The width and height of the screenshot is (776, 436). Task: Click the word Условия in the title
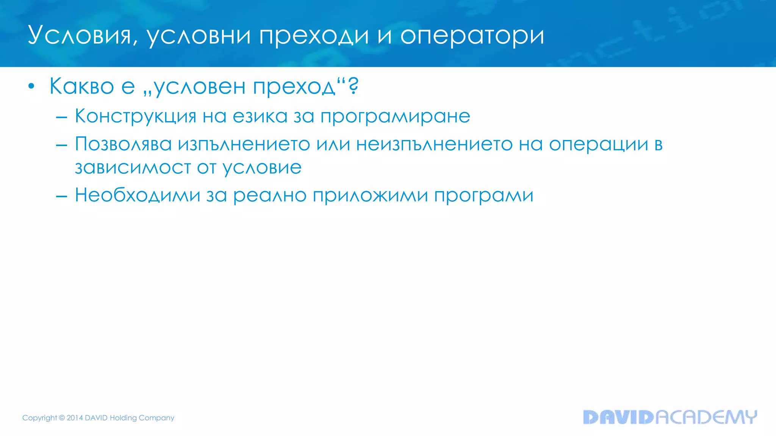(80, 35)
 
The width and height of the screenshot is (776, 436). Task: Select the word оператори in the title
(472, 35)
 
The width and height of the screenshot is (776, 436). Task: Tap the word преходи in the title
(314, 35)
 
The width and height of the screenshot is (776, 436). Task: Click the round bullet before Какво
(31, 86)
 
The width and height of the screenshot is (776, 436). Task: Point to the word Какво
(81, 86)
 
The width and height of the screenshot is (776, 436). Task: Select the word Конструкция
(135, 116)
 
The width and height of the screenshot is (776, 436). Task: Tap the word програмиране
(395, 116)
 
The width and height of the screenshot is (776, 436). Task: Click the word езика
(260, 116)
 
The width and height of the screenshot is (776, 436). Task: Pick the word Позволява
(123, 144)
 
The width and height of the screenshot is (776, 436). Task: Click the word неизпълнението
(434, 144)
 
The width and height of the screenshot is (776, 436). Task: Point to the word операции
(599, 144)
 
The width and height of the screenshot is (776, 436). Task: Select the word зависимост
(133, 167)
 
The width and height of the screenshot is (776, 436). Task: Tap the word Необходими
(138, 195)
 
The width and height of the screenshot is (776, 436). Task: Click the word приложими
(370, 195)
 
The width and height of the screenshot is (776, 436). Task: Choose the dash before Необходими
(61, 196)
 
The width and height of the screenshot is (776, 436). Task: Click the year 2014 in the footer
(75, 418)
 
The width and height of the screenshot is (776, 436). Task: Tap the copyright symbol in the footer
(62, 418)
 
